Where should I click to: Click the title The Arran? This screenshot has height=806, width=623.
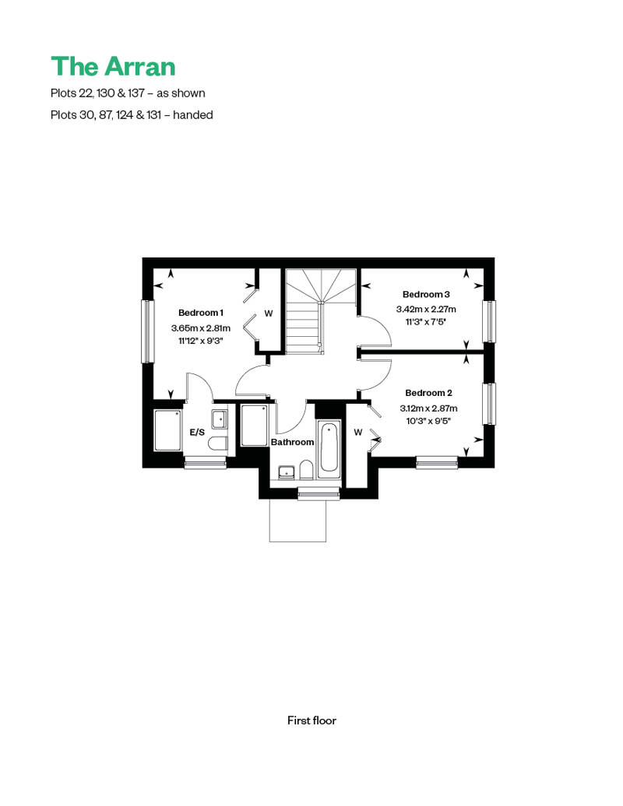pos(113,66)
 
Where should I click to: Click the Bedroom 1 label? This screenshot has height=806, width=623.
pos(201,313)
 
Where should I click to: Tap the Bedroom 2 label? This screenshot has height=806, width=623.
pos(428,393)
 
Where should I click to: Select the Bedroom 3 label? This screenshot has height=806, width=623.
pos(426,294)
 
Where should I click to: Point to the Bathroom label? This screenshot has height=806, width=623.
pos(292,442)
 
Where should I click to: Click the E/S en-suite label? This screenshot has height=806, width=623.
pos(197,433)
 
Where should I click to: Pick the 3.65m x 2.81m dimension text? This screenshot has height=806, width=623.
pos(201,328)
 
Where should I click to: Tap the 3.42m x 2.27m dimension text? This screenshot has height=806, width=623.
pos(426,309)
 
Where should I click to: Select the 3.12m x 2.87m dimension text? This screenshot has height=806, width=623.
pos(428,408)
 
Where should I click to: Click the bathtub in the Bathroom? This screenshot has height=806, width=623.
pos(328,447)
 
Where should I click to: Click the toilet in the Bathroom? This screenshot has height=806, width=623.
pos(306,469)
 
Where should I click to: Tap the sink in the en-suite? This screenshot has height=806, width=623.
pos(219,419)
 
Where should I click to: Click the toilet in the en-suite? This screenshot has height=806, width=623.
pos(219,443)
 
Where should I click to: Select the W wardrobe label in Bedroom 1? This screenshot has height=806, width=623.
pos(269,314)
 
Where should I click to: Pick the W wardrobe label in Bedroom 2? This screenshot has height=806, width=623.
pos(358,433)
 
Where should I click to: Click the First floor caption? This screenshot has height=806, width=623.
pos(311,720)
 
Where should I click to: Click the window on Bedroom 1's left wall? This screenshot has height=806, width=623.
pos(148,331)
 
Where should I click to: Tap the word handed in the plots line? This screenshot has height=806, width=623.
pos(193,114)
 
